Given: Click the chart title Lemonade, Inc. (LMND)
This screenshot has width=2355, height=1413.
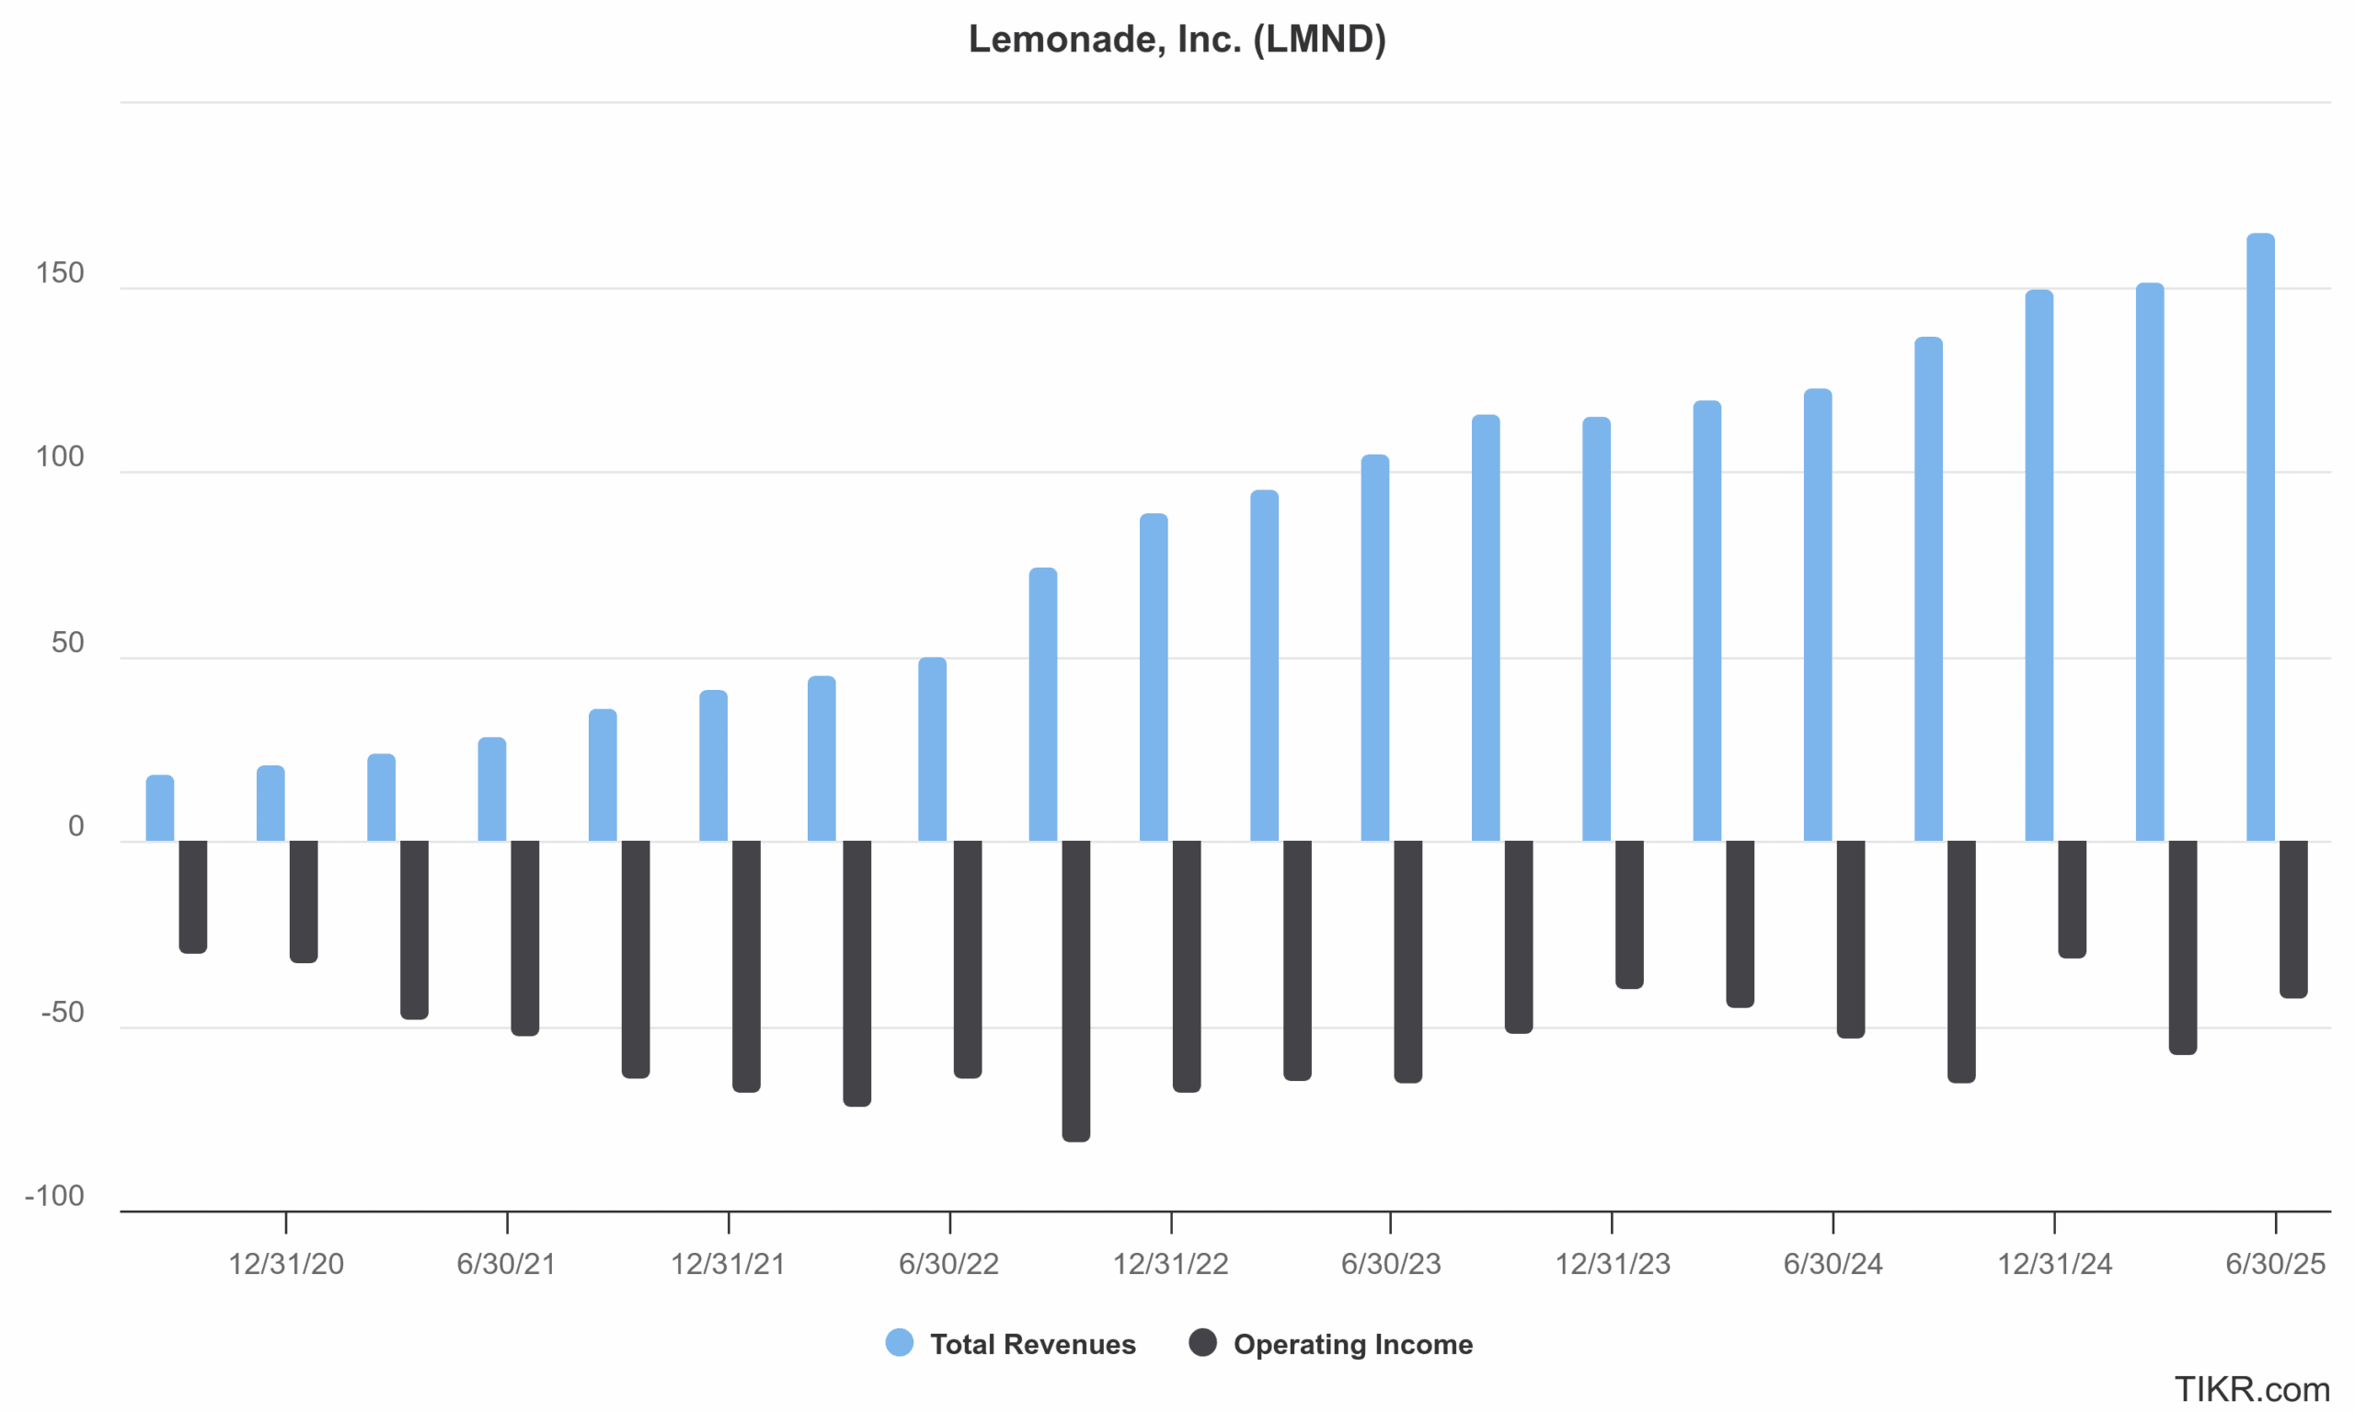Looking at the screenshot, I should (x=1177, y=39).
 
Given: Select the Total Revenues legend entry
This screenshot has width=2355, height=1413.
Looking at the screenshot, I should (x=1032, y=1343).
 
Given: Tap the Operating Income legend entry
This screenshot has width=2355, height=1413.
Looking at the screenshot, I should (x=1351, y=1343).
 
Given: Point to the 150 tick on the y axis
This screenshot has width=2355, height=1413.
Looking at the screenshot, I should (x=60, y=273).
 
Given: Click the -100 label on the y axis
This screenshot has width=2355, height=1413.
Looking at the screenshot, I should (x=54, y=1195).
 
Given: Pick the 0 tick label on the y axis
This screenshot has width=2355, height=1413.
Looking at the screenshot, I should (x=76, y=825).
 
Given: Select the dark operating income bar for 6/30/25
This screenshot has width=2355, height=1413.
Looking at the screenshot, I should (x=2293, y=919).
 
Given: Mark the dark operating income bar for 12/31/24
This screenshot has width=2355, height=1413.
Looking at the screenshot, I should (x=2073, y=899).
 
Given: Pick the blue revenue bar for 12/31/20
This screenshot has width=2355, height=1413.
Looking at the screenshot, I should (x=270, y=804).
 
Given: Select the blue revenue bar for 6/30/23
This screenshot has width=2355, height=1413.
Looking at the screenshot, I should (x=1374, y=649).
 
